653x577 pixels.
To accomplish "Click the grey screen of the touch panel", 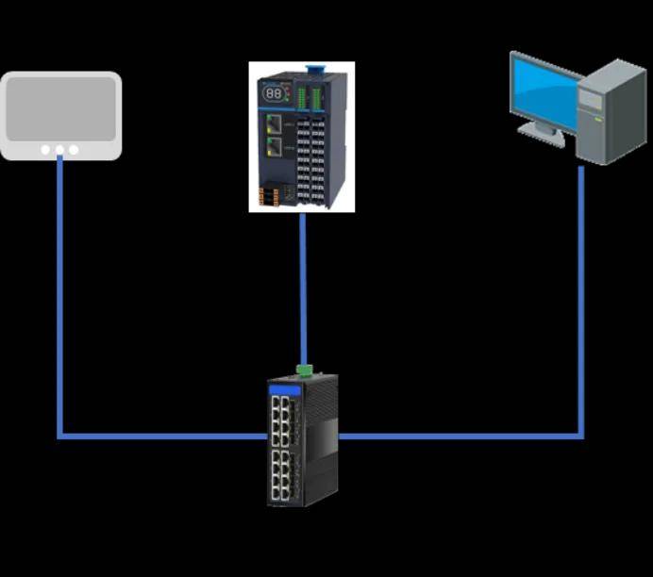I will [x=60, y=107].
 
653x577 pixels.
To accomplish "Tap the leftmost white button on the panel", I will [x=45, y=149].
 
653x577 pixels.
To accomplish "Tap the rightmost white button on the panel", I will [x=74, y=149].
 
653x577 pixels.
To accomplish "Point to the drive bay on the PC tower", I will [x=592, y=97].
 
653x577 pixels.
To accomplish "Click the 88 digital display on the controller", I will [x=273, y=94].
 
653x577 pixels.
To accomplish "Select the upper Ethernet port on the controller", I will [x=274, y=123].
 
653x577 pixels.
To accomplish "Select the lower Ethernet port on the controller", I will [x=274, y=146].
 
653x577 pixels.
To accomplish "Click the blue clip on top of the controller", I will [x=316, y=67].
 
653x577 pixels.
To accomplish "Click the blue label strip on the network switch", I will [x=284, y=389].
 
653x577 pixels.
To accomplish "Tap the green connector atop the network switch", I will [x=304, y=370].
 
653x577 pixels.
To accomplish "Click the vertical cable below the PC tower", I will [x=581, y=302].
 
